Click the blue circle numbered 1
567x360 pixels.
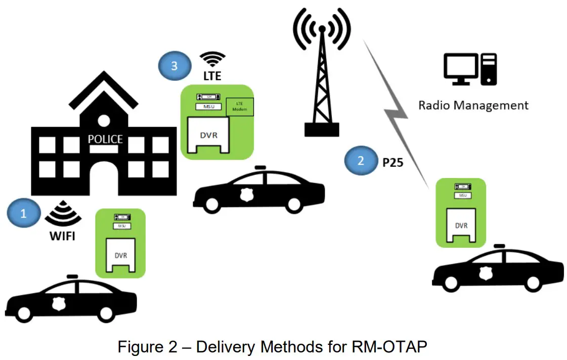(x=23, y=214)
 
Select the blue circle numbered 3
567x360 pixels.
(x=175, y=66)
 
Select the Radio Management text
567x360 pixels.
(x=473, y=105)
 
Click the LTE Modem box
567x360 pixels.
(x=240, y=107)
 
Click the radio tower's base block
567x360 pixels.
(x=322, y=130)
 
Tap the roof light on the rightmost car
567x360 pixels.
(x=500, y=246)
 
